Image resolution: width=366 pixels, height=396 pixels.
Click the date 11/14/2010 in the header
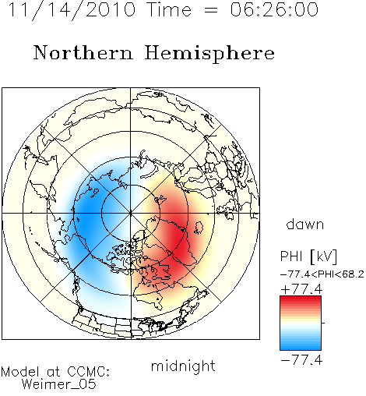click(72, 10)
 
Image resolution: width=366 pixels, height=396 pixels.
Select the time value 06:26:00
click(274, 9)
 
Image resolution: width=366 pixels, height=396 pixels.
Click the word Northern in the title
click(83, 53)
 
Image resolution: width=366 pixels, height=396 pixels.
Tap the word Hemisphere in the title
click(209, 54)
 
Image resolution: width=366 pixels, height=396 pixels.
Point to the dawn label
click(305, 224)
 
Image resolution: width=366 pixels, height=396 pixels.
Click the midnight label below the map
click(183, 366)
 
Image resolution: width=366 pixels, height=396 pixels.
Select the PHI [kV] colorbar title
click(308, 256)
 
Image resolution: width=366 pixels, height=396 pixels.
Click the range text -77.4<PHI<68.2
click(322, 274)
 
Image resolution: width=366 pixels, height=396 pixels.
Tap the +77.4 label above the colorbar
click(301, 289)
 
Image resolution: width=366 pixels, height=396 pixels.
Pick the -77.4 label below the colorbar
click(301, 360)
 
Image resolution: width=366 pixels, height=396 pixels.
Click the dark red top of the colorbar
click(301, 299)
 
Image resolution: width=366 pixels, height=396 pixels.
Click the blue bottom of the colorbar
click(301, 347)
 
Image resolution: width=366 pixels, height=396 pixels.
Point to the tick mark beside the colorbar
click(323, 323)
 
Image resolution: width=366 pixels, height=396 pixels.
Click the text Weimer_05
click(59, 384)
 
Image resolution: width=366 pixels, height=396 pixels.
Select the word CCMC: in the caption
click(89, 372)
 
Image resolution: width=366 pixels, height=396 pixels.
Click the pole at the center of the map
click(131, 214)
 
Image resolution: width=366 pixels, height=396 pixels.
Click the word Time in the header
click(169, 9)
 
